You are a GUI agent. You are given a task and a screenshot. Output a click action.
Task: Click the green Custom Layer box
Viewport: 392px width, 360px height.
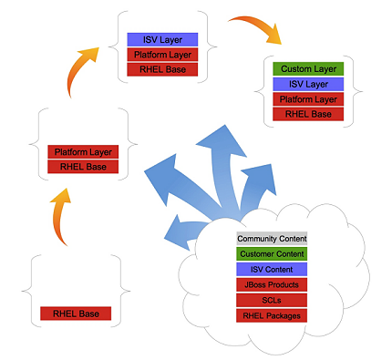308,69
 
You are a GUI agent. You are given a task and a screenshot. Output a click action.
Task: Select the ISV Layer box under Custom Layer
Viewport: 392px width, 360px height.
308,84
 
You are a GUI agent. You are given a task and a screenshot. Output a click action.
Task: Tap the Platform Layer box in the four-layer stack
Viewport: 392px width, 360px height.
308,99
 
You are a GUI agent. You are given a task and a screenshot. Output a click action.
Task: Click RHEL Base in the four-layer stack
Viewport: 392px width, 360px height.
308,114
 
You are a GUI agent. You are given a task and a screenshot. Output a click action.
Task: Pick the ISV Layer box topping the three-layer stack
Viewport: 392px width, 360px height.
161,40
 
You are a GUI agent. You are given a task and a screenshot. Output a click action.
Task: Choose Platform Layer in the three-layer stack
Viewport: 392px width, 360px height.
161,55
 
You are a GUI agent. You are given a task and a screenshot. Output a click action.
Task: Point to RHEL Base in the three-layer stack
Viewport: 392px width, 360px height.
161,69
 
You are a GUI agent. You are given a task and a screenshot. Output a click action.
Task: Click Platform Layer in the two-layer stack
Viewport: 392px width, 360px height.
83,152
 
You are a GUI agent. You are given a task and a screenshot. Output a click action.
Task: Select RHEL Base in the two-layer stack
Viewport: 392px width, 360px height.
83,167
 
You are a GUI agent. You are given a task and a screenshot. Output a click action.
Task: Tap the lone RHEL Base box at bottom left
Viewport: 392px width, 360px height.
76,314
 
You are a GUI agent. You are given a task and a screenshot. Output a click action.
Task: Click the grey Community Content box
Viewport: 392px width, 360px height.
272,239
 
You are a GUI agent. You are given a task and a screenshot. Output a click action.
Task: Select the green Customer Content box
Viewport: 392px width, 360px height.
272,254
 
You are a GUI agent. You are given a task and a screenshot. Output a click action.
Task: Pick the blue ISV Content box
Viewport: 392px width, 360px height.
272,270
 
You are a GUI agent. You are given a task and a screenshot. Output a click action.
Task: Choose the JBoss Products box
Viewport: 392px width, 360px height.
272,285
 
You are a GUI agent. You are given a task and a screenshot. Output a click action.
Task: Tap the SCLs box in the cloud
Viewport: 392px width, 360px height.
272,300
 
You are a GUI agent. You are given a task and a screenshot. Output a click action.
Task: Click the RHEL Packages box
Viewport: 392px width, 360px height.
272,315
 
